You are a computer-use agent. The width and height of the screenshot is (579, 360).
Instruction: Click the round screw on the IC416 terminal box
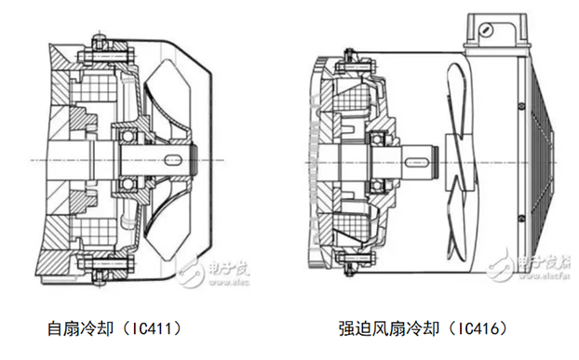point(484,29)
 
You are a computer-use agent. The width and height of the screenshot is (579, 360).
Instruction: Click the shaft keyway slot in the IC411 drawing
point(178,159)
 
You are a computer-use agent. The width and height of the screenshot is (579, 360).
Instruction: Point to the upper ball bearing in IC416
point(380,140)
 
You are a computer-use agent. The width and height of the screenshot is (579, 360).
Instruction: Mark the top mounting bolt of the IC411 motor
point(100,41)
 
